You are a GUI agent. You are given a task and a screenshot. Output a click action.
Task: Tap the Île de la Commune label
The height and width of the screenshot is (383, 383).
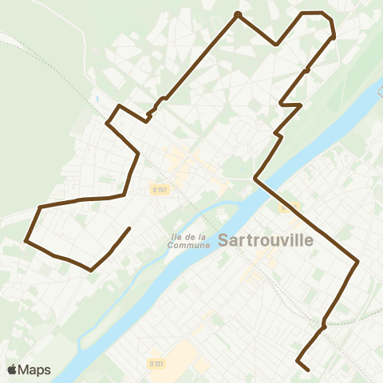189,240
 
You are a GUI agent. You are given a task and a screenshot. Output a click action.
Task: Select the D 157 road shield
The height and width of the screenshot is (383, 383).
159,189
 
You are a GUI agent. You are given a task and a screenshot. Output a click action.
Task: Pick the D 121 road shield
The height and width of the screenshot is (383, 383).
156,363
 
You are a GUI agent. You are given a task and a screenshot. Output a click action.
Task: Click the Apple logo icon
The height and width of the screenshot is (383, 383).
12,369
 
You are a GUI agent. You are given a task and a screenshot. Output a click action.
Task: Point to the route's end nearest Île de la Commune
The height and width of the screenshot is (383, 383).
129,229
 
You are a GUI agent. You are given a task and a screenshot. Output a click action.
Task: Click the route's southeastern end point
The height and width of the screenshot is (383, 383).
308,369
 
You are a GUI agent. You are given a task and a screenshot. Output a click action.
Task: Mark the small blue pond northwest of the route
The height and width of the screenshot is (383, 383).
96,99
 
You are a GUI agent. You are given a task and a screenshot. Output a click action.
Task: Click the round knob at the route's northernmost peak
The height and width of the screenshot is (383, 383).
237,14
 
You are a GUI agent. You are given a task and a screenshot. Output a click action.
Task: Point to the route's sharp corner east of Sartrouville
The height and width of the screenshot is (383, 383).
357,261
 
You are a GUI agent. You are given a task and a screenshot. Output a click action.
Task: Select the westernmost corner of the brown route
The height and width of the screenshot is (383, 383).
26,239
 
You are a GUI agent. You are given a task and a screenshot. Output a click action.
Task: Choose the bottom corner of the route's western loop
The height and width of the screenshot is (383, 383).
92,270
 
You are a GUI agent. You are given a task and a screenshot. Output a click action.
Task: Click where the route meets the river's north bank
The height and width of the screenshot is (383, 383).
255,179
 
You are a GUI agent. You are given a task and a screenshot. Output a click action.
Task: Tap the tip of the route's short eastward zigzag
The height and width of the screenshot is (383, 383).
301,105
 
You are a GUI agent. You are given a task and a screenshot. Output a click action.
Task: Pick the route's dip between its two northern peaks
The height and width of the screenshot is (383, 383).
276,45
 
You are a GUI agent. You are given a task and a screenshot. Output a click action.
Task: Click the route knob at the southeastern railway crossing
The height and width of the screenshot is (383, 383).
323,326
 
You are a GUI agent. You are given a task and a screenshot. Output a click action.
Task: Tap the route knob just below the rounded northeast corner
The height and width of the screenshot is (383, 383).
333,37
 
